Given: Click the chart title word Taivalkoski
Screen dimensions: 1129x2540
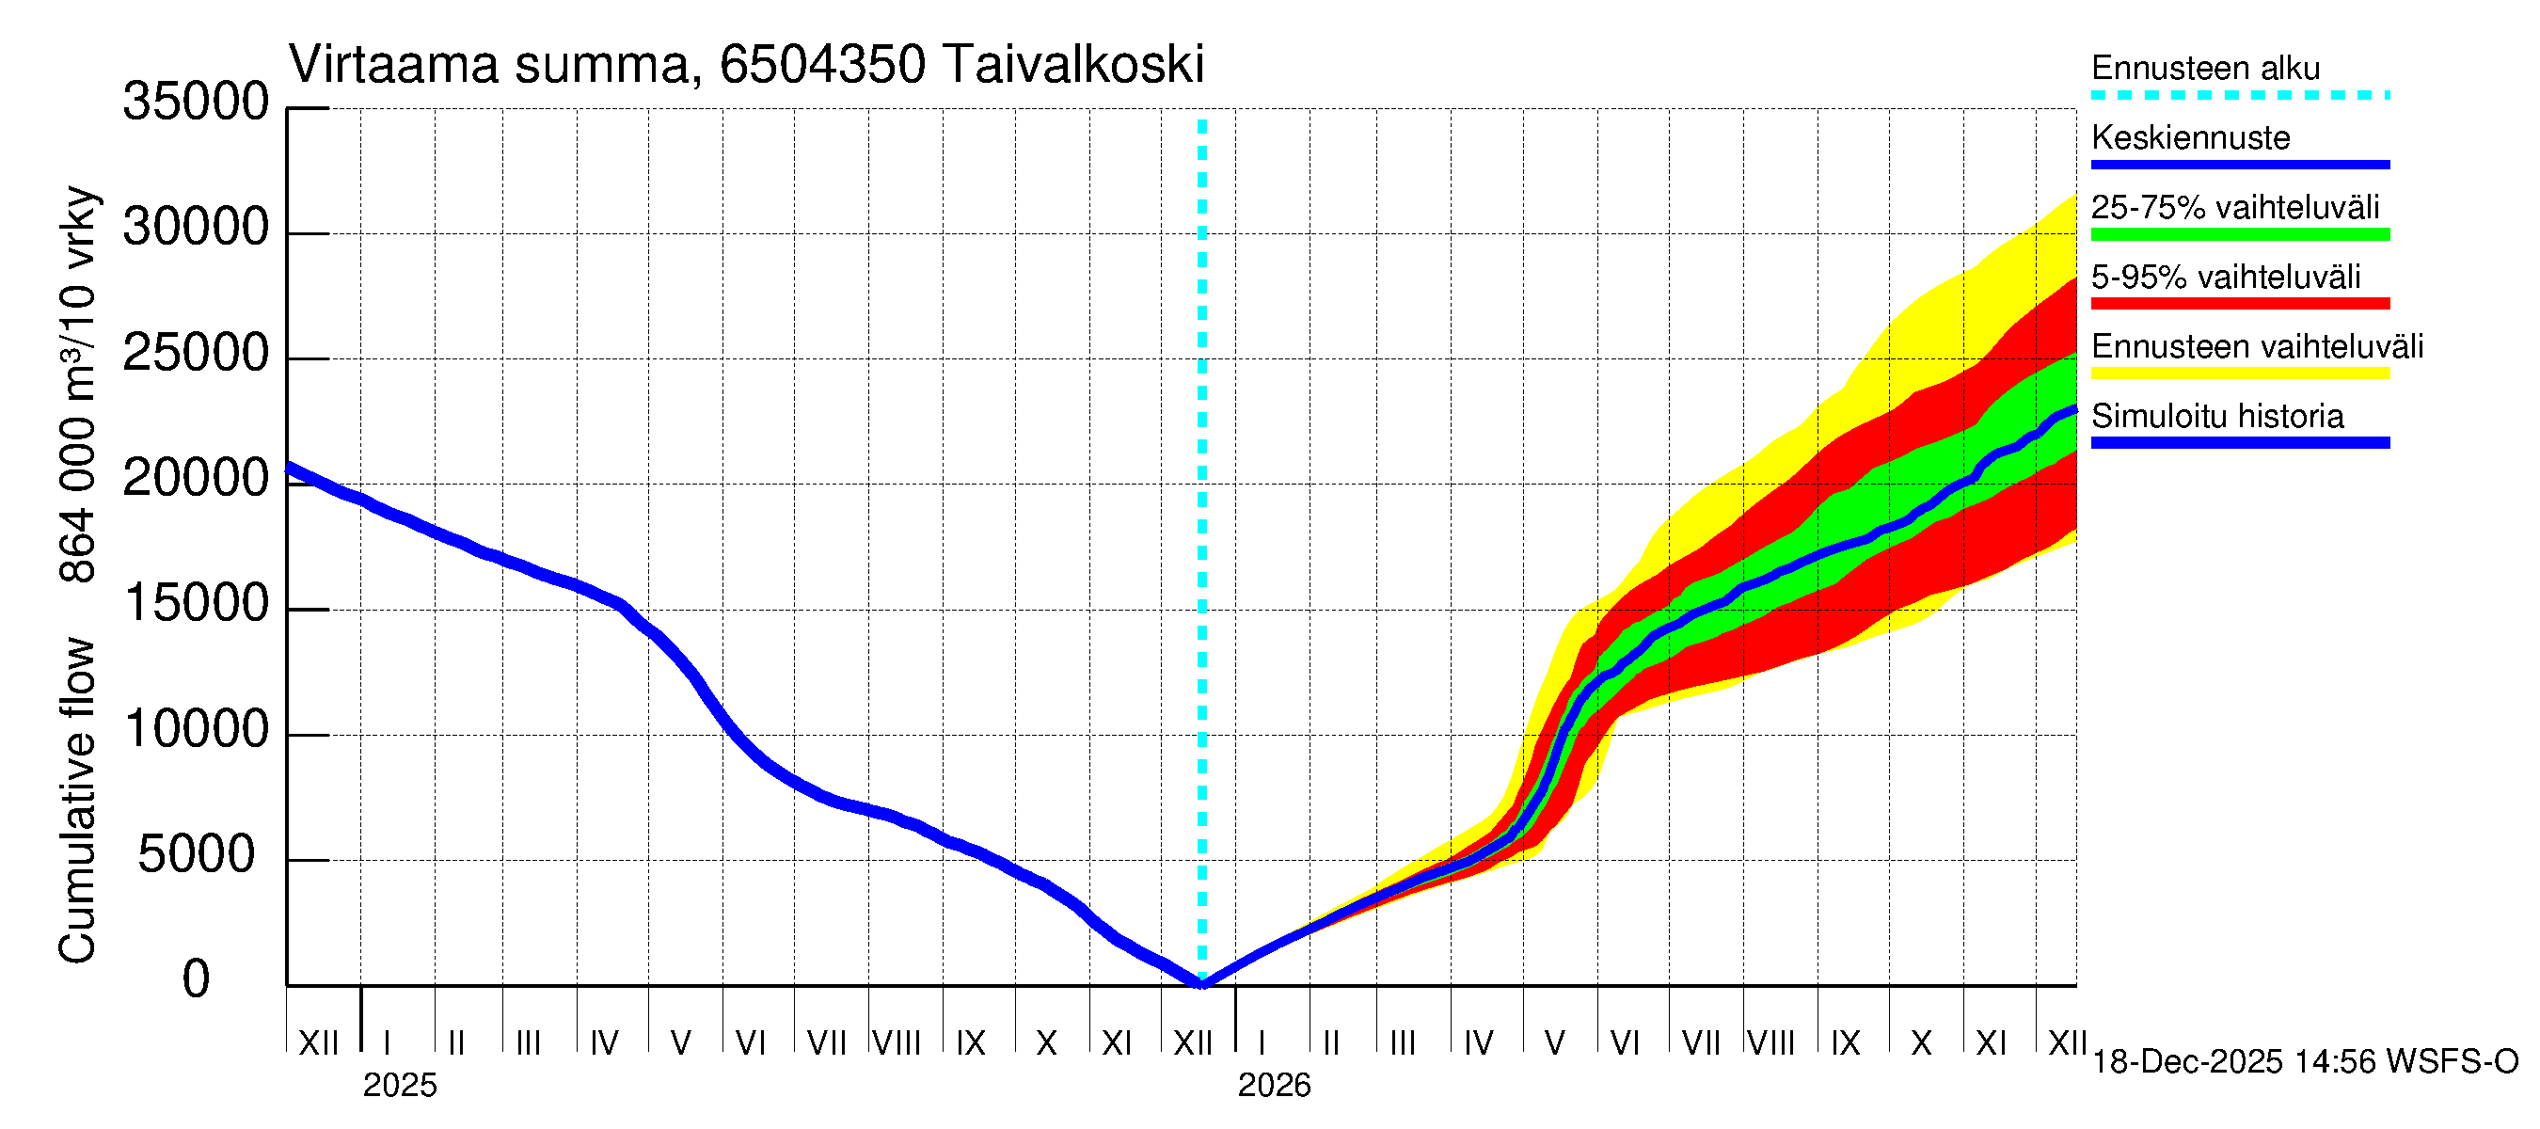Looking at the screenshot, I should (x=1072, y=65).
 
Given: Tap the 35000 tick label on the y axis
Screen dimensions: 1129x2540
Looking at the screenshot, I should (x=196, y=103).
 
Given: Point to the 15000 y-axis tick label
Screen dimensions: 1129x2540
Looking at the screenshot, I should (x=196, y=604).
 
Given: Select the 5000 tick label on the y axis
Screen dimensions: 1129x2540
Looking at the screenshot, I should (x=196, y=855).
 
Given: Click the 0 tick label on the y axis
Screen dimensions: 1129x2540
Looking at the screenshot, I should (x=196, y=980).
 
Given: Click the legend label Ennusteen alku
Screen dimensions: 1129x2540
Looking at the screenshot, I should (x=2206, y=69).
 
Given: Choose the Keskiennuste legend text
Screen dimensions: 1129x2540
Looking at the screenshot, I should (x=2191, y=138).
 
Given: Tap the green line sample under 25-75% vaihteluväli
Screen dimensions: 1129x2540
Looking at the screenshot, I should (x=2240, y=234).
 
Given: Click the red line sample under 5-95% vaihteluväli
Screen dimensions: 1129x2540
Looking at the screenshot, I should (x=2240, y=304).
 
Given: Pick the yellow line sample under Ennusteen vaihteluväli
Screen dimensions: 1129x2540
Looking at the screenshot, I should (x=2240, y=374).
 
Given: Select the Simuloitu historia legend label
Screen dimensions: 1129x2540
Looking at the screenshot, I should (x=2217, y=417).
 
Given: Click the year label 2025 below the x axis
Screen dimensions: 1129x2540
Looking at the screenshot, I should (x=399, y=1086).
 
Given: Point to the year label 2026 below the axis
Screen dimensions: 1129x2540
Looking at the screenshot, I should (x=1274, y=1086).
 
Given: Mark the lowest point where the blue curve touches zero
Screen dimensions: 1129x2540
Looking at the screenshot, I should (x=1202, y=983).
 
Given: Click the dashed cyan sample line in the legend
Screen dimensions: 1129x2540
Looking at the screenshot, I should (x=2240, y=96).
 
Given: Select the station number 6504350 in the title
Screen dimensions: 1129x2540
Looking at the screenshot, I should (x=822, y=65).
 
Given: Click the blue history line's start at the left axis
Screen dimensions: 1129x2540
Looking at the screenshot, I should (x=289, y=468).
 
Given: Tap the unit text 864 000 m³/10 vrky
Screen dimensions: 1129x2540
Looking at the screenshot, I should (x=77, y=385).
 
